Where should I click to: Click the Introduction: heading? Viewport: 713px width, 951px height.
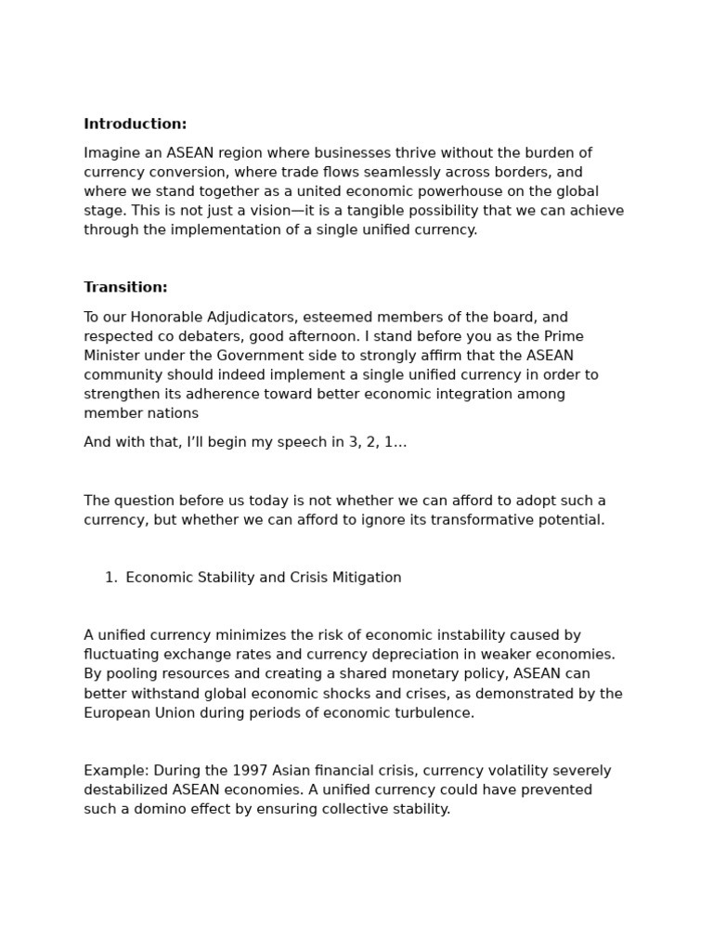click(x=135, y=124)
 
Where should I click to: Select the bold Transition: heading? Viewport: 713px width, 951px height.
click(x=125, y=288)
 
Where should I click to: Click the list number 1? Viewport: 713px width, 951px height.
click(x=110, y=578)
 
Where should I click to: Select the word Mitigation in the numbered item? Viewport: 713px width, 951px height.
click(x=366, y=578)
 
